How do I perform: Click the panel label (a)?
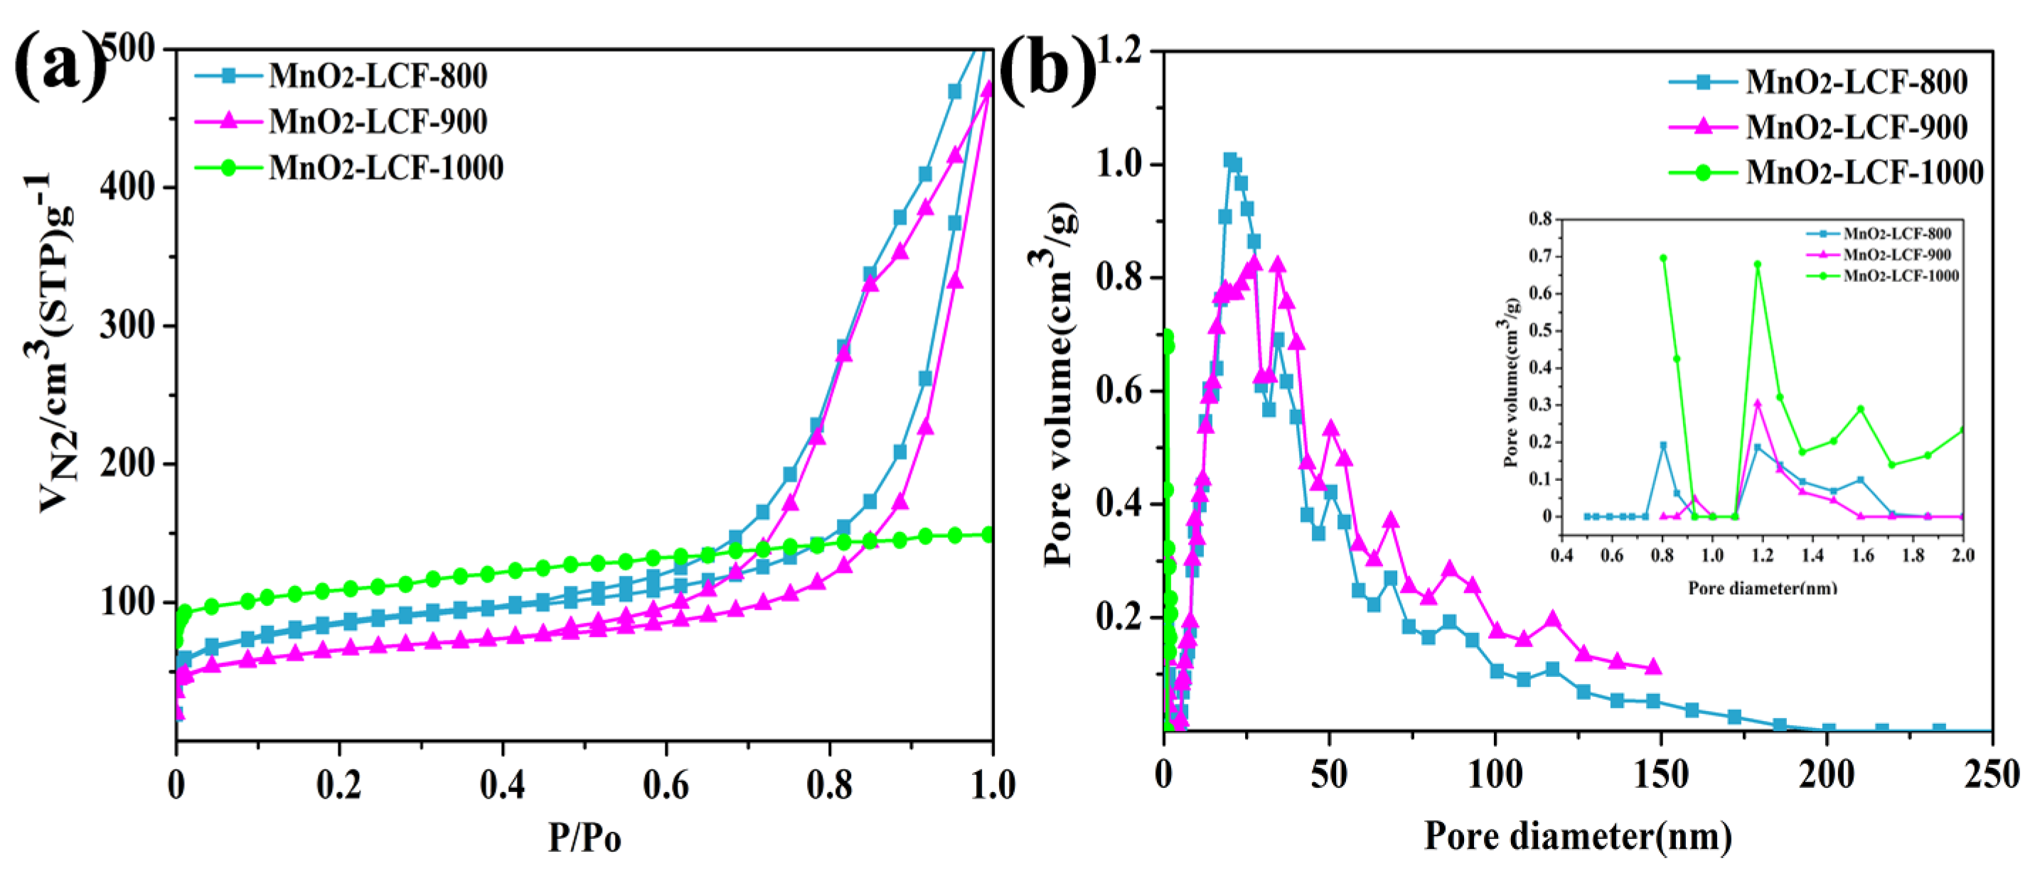[x=59, y=67]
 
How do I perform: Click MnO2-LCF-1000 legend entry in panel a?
[x=385, y=168]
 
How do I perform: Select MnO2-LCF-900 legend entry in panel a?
[x=378, y=122]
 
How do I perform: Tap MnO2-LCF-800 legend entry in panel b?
[x=1856, y=82]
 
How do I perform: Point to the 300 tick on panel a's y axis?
[x=127, y=325]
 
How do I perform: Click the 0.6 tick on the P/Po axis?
[x=666, y=785]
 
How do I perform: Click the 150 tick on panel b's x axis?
[x=1660, y=774]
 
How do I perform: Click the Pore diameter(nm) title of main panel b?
[x=1578, y=836]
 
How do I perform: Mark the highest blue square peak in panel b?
[x=1230, y=161]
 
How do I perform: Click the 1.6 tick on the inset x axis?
[x=1863, y=555]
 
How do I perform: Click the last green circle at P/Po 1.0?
[x=988, y=536]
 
